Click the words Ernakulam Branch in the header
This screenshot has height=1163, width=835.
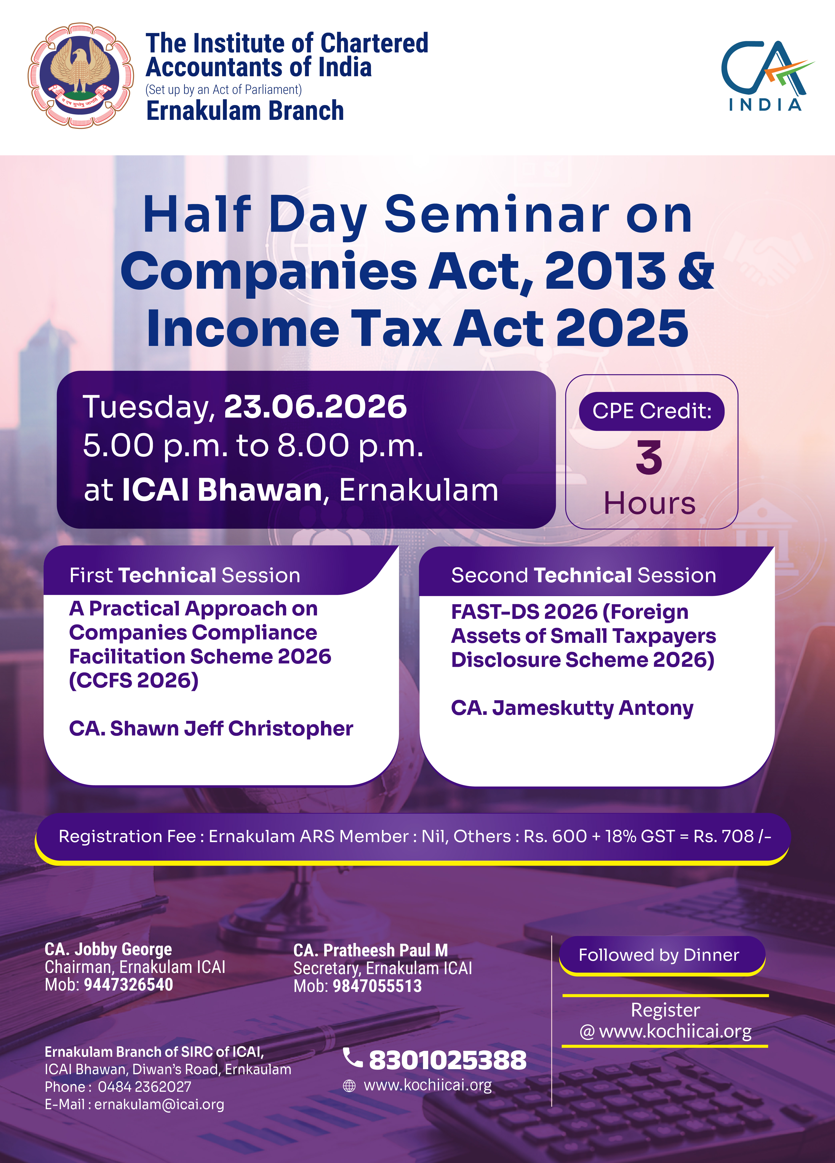point(245,111)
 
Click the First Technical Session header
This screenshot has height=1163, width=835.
point(185,575)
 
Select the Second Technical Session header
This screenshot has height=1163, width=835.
point(583,575)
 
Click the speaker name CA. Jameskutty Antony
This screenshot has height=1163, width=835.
point(572,708)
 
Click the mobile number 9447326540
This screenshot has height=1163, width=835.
point(128,985)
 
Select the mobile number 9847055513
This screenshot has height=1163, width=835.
point(377,986)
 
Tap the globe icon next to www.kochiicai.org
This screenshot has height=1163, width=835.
point(349,1086)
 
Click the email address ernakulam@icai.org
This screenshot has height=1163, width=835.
point(159,1105)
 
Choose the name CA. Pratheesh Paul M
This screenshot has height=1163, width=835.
point(371,950)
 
